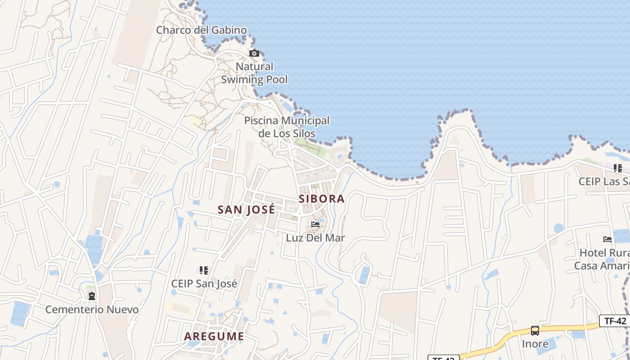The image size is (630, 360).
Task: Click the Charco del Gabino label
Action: coord(201,30)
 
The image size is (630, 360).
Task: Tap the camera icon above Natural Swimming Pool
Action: coord(254,54)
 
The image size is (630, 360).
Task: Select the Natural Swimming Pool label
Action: coord(254,73)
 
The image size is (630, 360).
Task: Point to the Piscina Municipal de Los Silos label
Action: coord(287,127)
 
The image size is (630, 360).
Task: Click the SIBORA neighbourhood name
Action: coord(322,199)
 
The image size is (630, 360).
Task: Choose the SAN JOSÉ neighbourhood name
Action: coord(246,210)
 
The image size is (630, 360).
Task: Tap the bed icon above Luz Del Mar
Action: coord(315,224)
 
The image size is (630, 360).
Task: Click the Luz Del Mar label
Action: coord(315,238)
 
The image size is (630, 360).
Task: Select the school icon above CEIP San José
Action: coord(204,270)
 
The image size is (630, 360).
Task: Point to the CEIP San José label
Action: coord(204,284)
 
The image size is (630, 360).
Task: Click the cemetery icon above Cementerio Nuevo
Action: coord(92,296)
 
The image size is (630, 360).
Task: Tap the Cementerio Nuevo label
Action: coord(92,310)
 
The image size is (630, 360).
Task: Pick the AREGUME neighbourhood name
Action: coord(214,336)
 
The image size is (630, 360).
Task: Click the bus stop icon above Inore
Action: coord(535,331)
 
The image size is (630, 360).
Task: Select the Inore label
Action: coord(535,344)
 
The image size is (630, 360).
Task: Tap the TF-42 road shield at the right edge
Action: coord(615,321)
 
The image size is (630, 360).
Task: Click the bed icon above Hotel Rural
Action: coord(607,239)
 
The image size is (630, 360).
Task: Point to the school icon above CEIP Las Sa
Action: coord(618,168)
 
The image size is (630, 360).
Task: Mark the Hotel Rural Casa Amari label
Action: coord(602,259)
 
